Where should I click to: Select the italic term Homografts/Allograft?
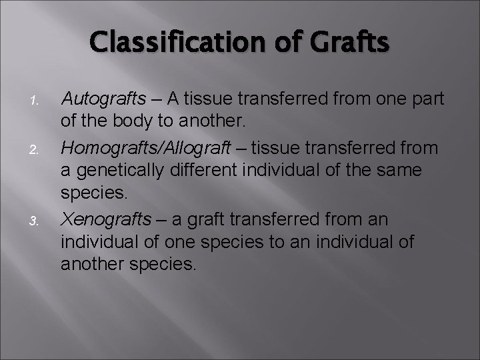point(145,147)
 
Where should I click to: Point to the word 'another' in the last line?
point(93,264)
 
